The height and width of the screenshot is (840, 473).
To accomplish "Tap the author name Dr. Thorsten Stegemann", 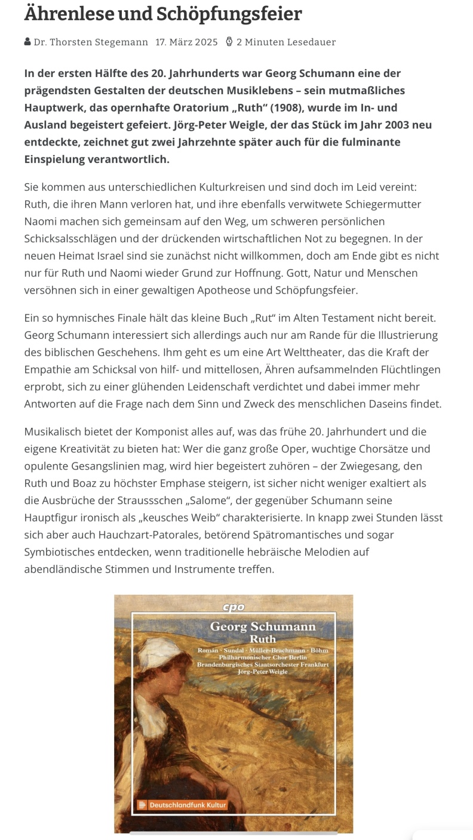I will click(91, 42).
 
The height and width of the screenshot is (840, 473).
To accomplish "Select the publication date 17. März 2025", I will click(186, 42).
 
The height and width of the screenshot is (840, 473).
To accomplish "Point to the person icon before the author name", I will click(27, 42).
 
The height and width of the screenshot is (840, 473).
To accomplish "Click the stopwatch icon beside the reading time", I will click(229, 42).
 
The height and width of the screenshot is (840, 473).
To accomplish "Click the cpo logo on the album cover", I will click(234, 607).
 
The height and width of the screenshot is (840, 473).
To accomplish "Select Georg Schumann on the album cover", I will click(263, 626).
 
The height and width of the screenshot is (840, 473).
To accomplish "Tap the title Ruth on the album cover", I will click(263, 640).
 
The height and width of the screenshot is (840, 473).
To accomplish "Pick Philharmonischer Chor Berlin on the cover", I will click(263, 657).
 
